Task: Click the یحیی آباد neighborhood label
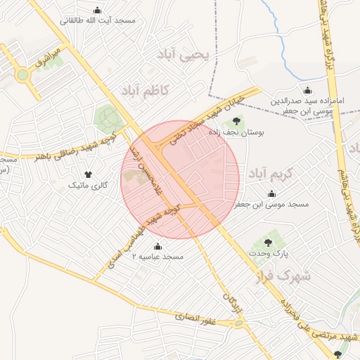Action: [186, 55]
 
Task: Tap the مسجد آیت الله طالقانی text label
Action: [98, 21]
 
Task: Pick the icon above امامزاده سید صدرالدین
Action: [307, 91]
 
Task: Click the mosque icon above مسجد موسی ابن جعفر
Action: [271, 193]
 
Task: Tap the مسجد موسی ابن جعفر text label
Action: [271, 205]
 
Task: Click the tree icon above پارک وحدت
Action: [267, 241]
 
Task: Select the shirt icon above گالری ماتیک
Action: [88, 174]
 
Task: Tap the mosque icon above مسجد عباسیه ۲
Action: [157, 246]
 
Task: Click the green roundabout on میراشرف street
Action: [23, 74]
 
